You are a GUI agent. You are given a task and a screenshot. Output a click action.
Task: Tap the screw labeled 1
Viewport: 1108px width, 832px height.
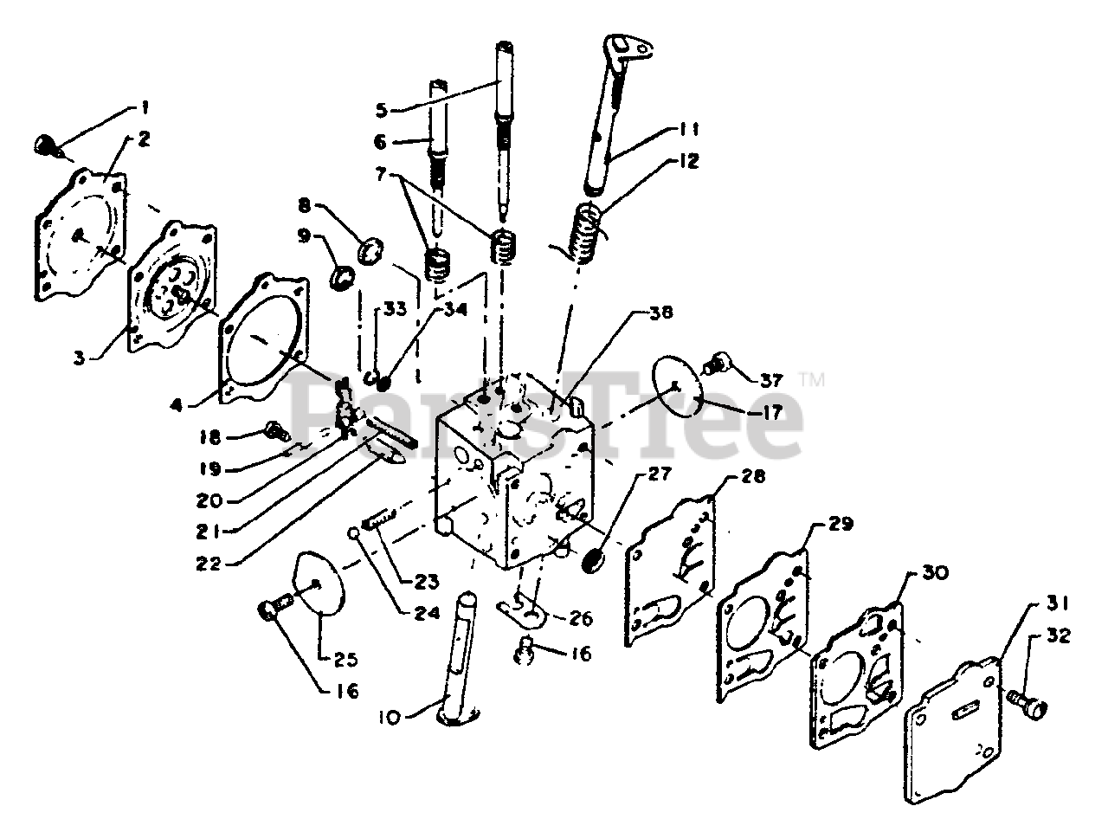click(48, 145)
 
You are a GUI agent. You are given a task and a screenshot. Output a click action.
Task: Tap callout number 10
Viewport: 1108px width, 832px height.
click(390, 717)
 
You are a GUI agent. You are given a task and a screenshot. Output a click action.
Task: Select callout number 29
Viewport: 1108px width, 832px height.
click(841, 525)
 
